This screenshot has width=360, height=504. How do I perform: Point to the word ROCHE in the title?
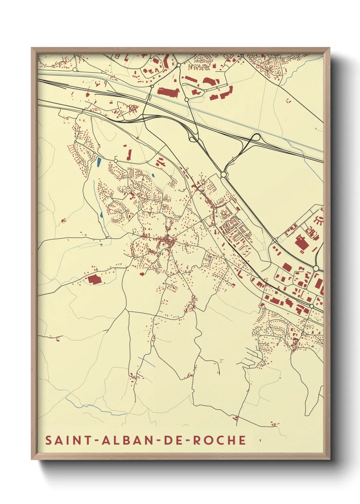219,440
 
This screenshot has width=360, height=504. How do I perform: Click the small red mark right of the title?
260,440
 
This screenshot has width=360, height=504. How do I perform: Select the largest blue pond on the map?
99,161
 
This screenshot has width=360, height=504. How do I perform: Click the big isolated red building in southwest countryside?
95,280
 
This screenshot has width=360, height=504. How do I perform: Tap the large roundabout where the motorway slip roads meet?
224,175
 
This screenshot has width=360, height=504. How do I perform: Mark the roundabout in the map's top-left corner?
75,70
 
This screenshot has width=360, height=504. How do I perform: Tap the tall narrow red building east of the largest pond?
129,154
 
